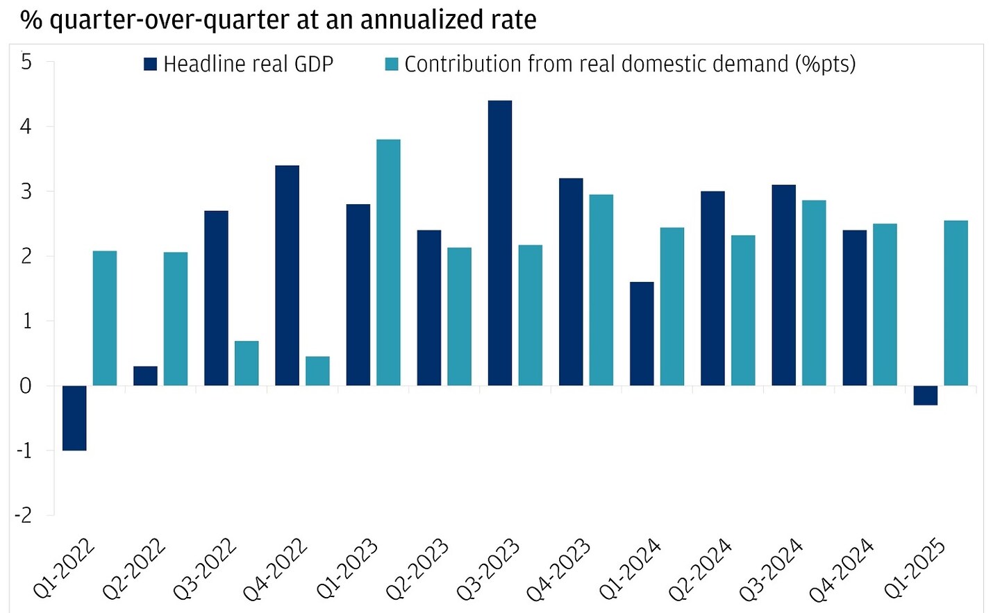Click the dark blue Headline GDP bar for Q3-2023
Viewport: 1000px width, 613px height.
(x=500, y=243)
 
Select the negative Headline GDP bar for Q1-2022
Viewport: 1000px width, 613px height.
(x=74, y=418)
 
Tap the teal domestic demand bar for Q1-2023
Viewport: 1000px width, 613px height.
(x=388, y=262)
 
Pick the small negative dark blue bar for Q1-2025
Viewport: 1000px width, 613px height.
(x=925, y=395)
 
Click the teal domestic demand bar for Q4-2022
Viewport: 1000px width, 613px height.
(x=317, y=371)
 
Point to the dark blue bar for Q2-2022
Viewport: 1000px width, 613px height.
(x=145, y=376)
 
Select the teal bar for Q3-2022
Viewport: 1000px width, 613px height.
(x=247, y=363)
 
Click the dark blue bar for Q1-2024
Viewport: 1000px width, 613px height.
(x=642, y=333)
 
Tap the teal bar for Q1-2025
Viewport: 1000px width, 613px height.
(x=956, y=303)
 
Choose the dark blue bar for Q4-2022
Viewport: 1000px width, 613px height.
(x=287, y=276)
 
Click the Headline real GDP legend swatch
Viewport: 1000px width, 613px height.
(x=150, y=65)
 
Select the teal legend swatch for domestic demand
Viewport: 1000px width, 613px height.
(x=392, y=65)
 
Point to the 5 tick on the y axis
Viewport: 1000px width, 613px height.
(x=26, y=62)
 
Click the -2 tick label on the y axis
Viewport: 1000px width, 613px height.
(x=24, y=515)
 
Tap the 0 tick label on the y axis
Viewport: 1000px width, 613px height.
(x=26, y=386)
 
